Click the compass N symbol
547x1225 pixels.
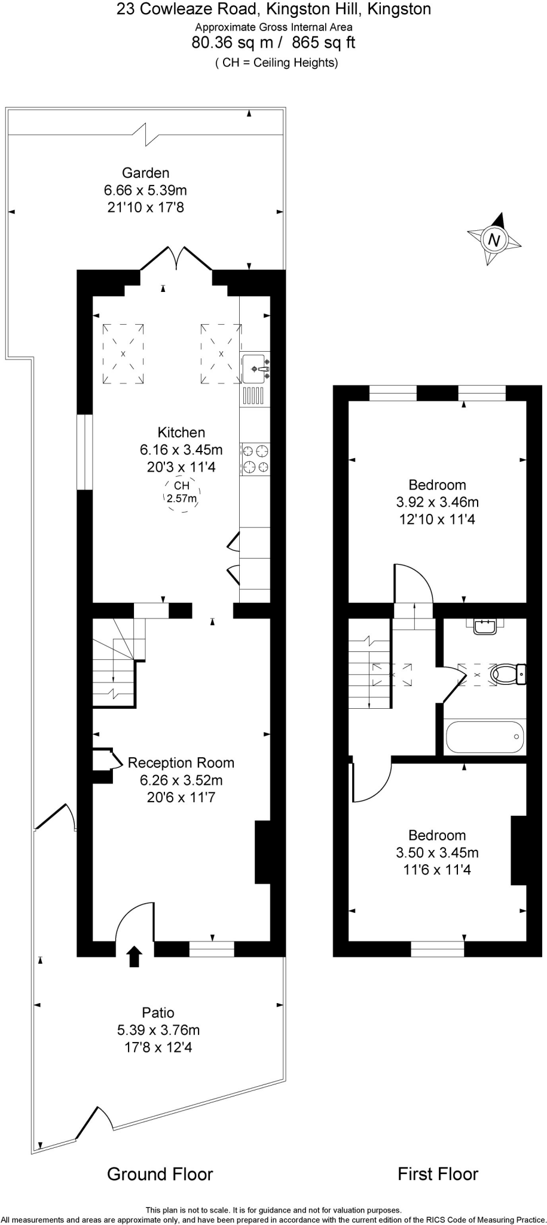point(494,240)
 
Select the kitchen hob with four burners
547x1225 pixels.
point(255,459)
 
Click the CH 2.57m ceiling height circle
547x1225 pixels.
point(181,493)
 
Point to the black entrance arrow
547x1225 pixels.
point(135,956)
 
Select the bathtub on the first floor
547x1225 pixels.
point(485,737)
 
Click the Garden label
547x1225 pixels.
point(145,173)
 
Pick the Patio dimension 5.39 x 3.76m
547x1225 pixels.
point(158,1030)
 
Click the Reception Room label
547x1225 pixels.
point(181,763)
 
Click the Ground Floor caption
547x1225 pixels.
point(160,1174)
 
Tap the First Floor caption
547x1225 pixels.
point(438,1174)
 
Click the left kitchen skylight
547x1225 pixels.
point(123,354)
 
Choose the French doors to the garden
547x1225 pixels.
point(176,258)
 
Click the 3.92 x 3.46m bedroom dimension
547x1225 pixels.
point(437,502)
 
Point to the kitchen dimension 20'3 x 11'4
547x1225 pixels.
point(181,467)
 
